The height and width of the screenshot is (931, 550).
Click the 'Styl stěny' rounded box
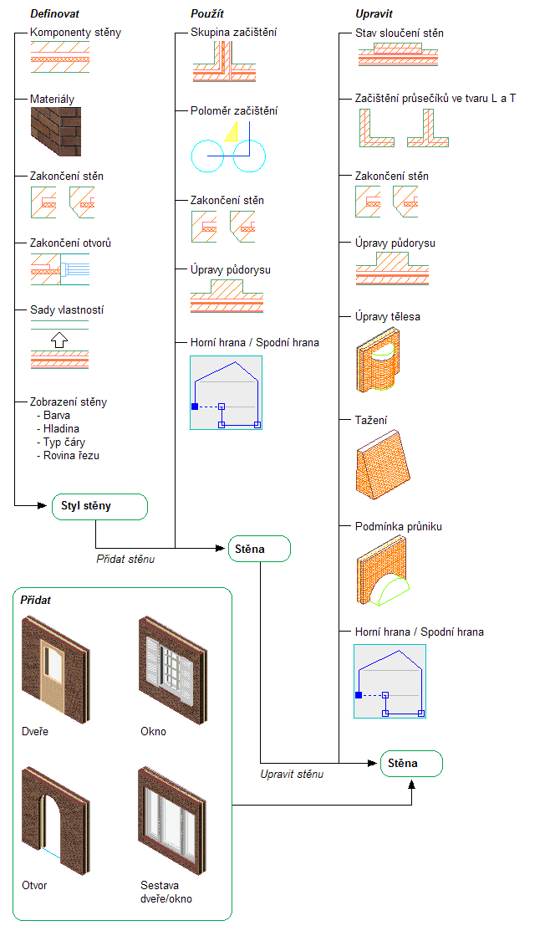pos(99,506)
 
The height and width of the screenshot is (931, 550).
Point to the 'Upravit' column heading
pos(374,14)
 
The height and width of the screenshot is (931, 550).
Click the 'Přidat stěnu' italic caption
pos(125,558)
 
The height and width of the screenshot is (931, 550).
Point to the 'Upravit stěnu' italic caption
pos(292,774)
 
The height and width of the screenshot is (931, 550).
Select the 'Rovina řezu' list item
pos(71,455)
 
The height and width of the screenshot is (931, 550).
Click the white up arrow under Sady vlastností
pos(58,340)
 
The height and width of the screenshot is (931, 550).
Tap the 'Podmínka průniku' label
pos(398,527)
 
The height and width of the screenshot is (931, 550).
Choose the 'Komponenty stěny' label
pos(75,33)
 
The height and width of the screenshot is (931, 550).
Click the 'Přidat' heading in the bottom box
pos(36,601)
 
